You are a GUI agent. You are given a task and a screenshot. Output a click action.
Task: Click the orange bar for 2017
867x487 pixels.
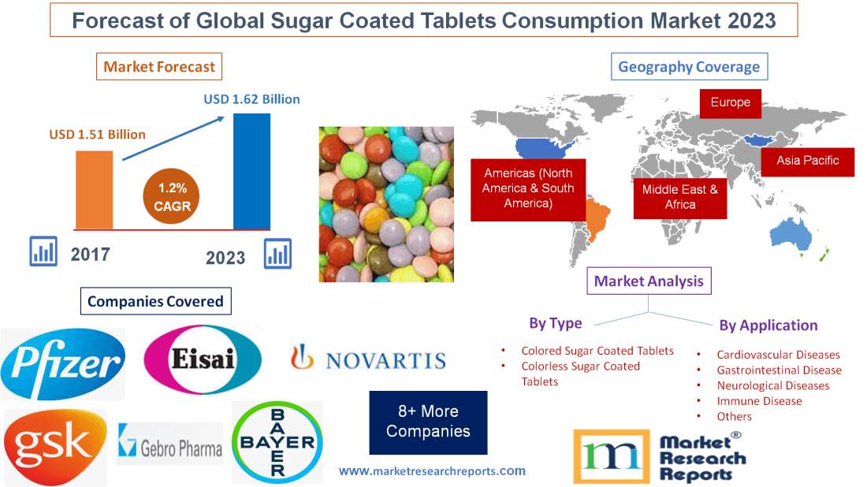[94, 189]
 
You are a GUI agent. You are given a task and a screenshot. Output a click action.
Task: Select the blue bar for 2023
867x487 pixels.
[252, 171]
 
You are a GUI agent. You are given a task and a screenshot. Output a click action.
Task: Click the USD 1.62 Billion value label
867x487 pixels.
[251, 99]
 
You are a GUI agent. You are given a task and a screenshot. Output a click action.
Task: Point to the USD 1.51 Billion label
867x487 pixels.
[98, 134]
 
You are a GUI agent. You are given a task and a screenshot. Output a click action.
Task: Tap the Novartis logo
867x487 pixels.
[368, 360]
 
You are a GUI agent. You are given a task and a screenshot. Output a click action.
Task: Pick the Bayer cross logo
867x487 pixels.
[277, 441]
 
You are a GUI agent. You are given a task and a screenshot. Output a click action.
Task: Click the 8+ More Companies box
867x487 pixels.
[428, 422]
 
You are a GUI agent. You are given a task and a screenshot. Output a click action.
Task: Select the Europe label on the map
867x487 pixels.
[731, 102]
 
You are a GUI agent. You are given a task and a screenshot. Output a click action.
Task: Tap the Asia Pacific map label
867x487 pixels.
[807, 161]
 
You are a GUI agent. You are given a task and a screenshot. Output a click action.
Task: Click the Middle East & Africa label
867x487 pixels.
[679, 196]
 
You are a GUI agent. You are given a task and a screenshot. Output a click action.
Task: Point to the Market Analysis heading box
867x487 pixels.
[649, 281]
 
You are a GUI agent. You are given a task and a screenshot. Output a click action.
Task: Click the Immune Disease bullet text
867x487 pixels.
[759, 400]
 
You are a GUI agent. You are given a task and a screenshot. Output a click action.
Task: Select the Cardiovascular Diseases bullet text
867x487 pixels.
[778, 355]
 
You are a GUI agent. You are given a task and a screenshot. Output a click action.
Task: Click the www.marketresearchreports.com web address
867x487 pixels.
[432, 471]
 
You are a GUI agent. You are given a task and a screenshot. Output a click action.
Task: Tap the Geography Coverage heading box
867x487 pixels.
[689, 67]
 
